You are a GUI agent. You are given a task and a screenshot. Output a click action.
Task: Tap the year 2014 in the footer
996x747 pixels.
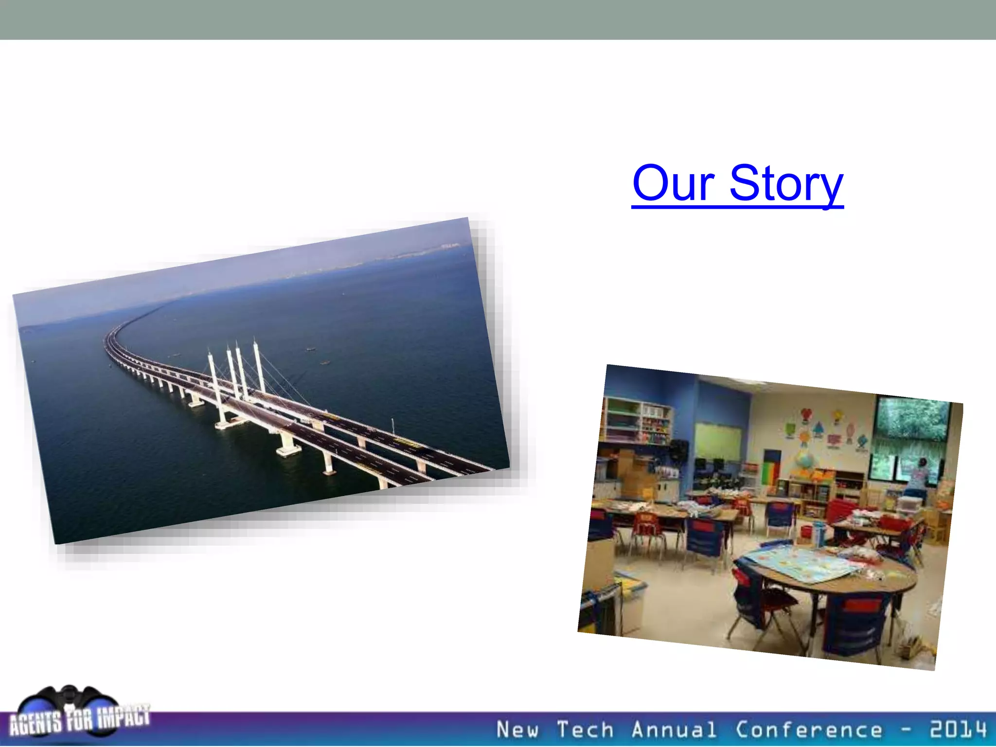(958, 729)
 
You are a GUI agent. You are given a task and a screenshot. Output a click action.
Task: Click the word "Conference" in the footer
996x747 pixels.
(809, 730)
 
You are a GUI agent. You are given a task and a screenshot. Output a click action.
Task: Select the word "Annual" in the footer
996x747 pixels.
(674, 730)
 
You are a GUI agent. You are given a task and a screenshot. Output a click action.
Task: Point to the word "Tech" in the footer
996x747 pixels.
(585, 730)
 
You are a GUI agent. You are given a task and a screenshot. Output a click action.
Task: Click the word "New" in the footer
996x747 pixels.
(517, 730)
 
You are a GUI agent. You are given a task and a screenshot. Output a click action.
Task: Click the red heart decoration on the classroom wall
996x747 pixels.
(806, 415)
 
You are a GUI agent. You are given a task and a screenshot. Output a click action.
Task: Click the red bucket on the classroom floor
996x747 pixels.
(839, 511)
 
